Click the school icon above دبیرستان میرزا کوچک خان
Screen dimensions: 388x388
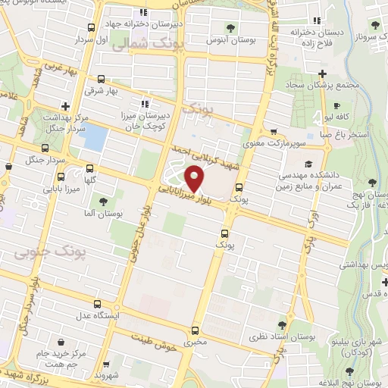point(143,104)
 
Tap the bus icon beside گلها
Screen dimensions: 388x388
point(90,169)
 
